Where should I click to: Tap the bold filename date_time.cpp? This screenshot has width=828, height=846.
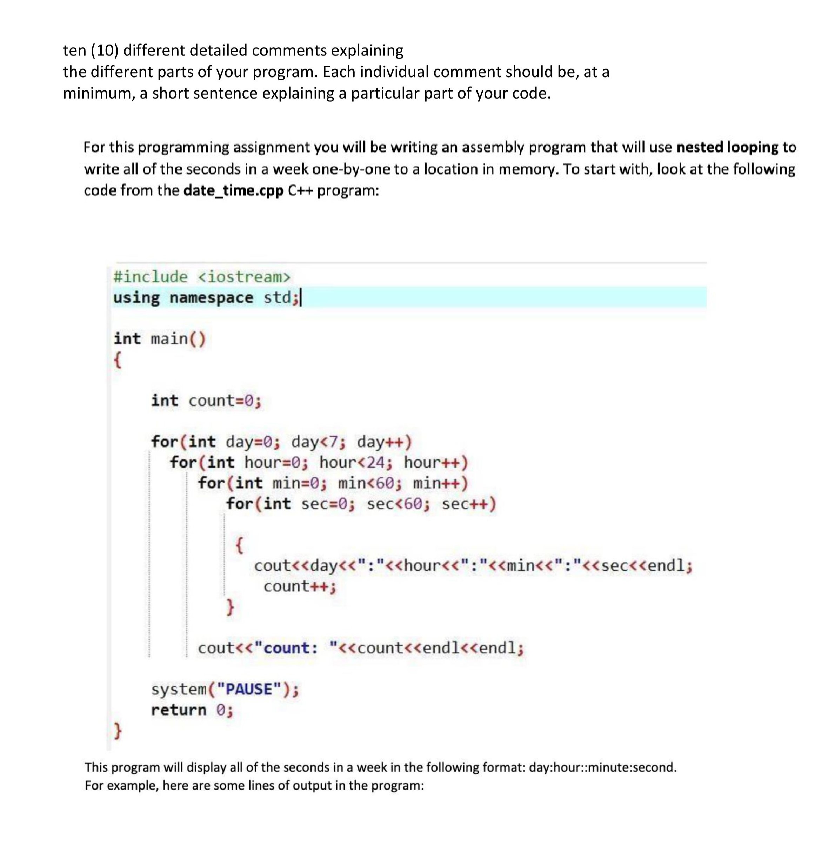pyautogui.click(x=234, y=191)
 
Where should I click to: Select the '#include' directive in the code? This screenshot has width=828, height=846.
pyautogui.click(x=151, y=276)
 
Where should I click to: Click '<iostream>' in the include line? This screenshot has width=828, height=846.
pyautogui.click(x=244, y=276)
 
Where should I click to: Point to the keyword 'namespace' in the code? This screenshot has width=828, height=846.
pyautogui.click(x=211, y=298)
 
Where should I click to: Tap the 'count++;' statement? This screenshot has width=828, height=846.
pyautogui.click(x=300, y=586)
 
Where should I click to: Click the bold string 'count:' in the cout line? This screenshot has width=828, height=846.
pyautogui.click(x=291, y=648)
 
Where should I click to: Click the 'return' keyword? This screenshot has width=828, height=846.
pyautogui.click(x=178, y=710)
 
